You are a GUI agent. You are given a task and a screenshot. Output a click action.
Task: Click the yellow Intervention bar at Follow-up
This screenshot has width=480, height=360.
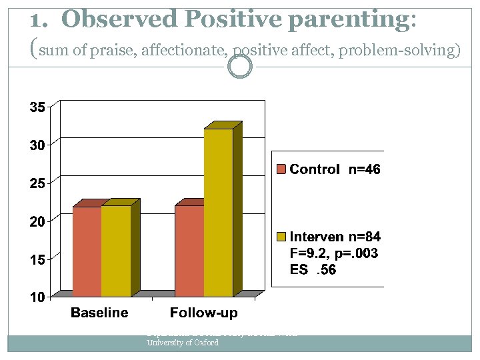click(x=218, y=212)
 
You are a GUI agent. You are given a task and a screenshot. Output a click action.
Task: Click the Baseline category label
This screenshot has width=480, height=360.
click(x=100, y=313)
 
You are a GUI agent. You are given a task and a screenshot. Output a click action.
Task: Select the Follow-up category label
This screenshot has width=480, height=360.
click(x=203, y=313)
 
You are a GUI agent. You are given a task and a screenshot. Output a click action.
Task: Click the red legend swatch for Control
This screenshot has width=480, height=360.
click(x=282, y=169)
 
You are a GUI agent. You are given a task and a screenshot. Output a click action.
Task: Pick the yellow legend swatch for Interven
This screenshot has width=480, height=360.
click(x=282, y=236)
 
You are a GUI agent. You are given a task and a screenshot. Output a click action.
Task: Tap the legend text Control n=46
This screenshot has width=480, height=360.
click(x=335, y=169)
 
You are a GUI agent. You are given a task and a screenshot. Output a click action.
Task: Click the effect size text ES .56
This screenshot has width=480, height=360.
click(x=314, y=269)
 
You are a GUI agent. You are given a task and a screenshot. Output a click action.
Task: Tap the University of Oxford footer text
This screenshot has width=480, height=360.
click(x=182, y=343)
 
